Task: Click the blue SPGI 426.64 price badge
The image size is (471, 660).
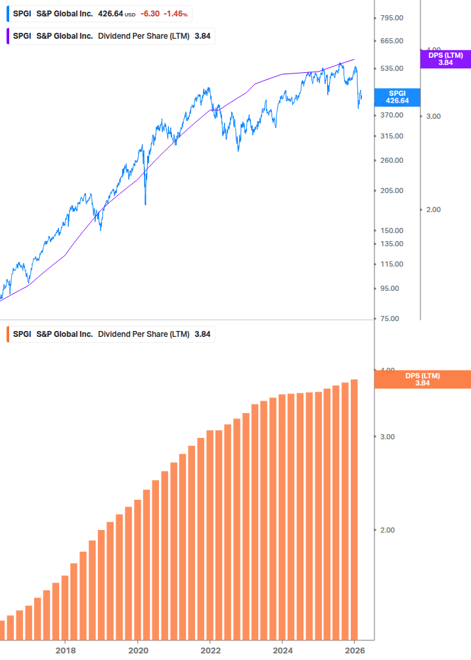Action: click(398, 97)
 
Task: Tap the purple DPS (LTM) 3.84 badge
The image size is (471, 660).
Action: click(445, 59)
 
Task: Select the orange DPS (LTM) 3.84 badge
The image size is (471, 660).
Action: click(422, 379)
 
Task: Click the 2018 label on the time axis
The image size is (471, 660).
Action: click(65, 650)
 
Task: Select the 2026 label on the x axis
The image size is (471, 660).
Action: click(354, 650)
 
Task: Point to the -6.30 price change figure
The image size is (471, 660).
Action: click(149, 13)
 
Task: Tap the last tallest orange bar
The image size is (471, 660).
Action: click(354, 509)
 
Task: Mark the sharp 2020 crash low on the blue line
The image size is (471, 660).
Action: click(145, 204)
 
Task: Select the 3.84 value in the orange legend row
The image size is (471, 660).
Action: click(202, 334)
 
